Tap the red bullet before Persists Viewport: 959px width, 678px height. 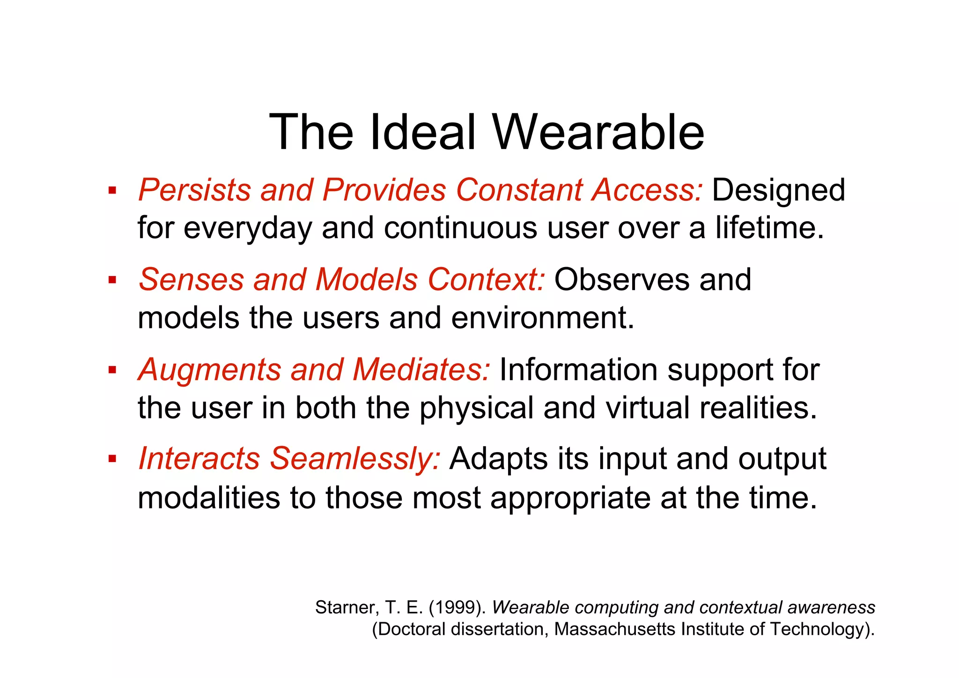[112, 191]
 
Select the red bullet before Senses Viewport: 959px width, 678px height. [112, 280]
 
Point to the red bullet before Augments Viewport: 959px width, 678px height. [112, 370]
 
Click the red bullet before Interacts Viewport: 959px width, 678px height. [112, 459]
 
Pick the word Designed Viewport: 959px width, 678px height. [778, 190]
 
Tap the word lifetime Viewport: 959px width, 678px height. [768, 228]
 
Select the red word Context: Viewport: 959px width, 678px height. [486, 280]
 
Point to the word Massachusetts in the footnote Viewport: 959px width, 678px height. [615, 629]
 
